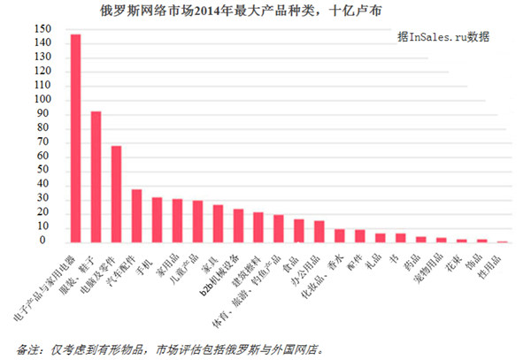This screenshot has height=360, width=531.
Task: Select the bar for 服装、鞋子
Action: tap(96, 177)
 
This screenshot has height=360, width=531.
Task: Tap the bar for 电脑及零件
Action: tap(116, 194)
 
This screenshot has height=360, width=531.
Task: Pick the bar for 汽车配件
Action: tap(136, 216)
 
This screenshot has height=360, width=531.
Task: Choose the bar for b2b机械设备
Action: tap(238, 226)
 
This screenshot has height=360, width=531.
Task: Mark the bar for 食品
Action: tap(299, 231)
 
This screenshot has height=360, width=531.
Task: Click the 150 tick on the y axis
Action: tap(42, 29)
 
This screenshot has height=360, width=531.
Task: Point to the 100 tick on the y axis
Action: tap(42, 99)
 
